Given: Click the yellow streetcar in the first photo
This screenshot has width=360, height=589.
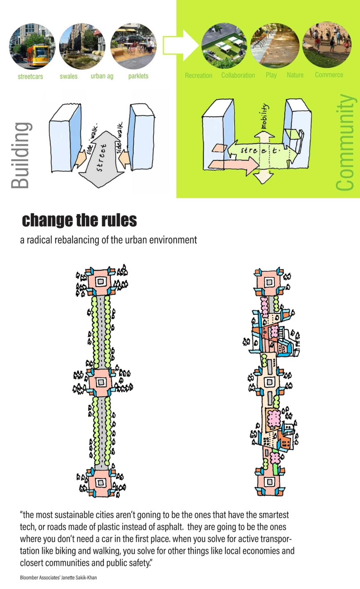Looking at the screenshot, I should point(37,55).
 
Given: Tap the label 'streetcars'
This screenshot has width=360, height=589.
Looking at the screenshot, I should point(30,77).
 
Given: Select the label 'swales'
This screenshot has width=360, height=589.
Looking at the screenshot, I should point(69,76).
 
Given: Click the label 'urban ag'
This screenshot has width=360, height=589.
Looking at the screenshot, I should point(102,76).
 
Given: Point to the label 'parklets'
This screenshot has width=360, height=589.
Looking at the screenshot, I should point(138,76).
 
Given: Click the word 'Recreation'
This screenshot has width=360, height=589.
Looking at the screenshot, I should point(199,75).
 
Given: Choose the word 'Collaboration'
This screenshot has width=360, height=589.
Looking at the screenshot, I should point(238,75).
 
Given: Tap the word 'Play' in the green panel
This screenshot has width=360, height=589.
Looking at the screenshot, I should point(271,75).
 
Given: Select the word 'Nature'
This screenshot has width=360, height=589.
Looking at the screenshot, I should point(295,75).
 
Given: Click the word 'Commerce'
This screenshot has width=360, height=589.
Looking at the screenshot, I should point(329,75).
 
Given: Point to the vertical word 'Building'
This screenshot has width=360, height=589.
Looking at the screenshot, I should point(20,155).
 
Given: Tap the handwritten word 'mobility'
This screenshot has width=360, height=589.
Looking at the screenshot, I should point(265,117).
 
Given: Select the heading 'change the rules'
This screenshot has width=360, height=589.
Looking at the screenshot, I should point(79,220).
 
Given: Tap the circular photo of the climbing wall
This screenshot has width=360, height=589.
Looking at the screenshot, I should point(327,45).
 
